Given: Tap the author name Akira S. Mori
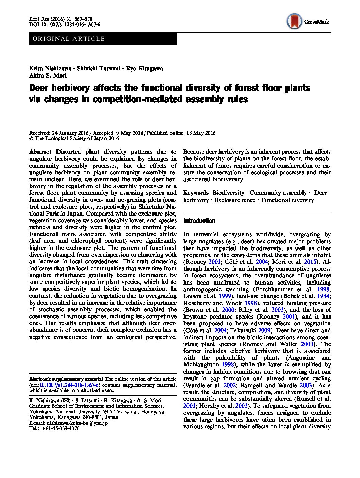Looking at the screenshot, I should click(48, 75).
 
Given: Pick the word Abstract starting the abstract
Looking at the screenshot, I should click(40, 152).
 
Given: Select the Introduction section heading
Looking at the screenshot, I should click(199, 221).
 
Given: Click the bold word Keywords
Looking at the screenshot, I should click(196, 193).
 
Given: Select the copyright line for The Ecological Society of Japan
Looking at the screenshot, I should click(74, 139).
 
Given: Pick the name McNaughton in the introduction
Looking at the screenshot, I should click(200, 364).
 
